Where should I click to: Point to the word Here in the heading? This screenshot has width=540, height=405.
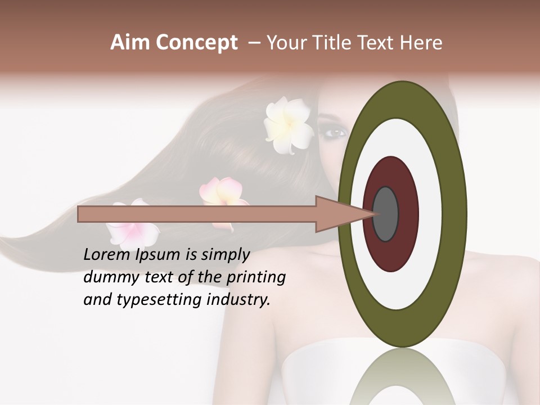(x=422, y=43)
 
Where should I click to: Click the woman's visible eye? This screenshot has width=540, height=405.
(x=334, y=133)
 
